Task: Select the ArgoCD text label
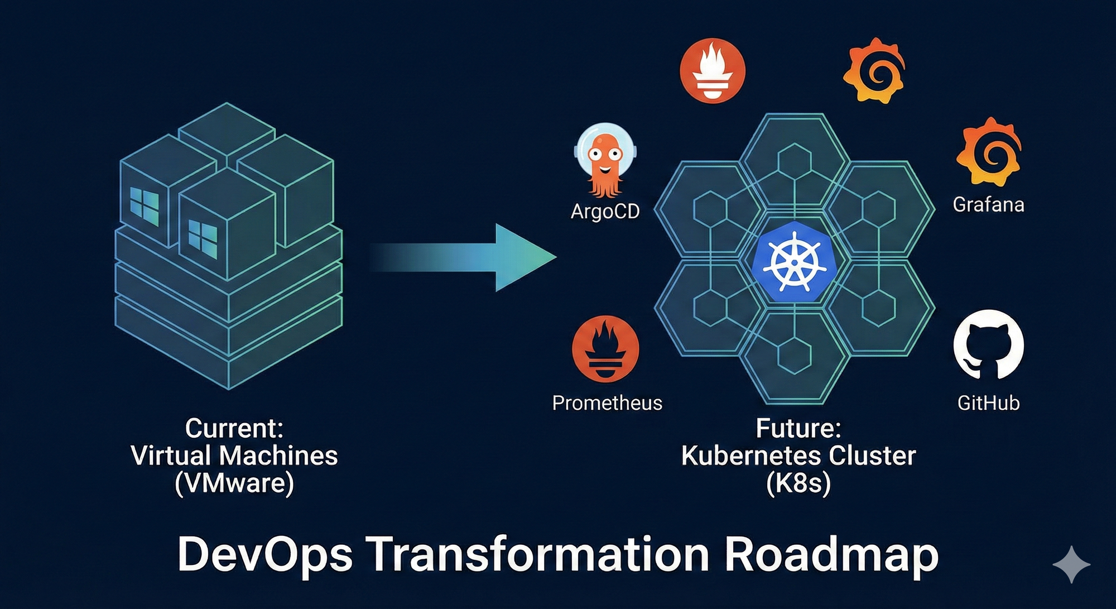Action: [x=605, y=212]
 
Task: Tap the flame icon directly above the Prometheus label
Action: [x=605, y=349]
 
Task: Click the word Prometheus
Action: [x=607, y=403]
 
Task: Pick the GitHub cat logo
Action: [x=988, y=345]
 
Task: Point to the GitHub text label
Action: [x=988, y=403]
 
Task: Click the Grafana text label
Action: [x=988, y=205]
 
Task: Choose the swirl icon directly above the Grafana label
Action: [x=989, y=151]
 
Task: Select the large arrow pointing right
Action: [x=463, y=258]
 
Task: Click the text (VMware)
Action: [x=234, y=483]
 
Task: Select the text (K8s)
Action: [x=798, y=483]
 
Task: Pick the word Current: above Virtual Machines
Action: [x=234, y=429]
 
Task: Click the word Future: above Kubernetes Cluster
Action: [x=798, y=429]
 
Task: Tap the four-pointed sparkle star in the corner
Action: [x=1071, y=564]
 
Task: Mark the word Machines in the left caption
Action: [x=278, y=456]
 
